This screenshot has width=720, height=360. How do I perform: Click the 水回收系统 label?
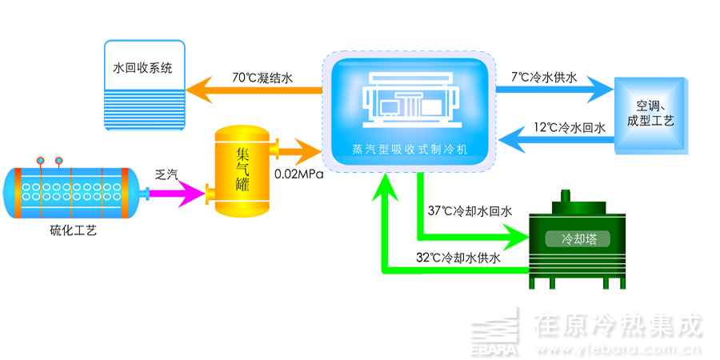coord(149,68)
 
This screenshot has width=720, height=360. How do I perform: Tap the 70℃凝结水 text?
coord(263,78)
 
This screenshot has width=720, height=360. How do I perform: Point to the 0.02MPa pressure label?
coord(298,173)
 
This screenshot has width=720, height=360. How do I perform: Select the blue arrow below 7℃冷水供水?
coord(552,93)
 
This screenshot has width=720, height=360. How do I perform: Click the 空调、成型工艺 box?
coord(650,114)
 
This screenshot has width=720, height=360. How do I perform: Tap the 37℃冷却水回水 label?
coord(470,211)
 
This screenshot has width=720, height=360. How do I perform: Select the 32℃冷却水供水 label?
coord(458,258)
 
